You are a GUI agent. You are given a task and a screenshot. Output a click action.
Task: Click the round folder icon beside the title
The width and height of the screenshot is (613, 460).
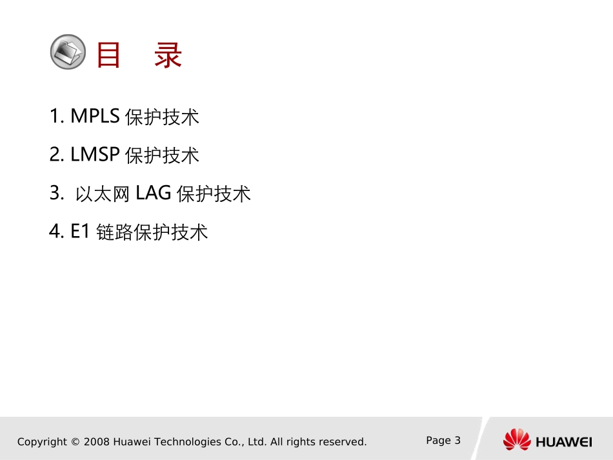[68, 52]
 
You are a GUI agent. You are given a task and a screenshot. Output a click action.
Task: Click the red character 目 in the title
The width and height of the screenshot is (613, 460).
[109, 55]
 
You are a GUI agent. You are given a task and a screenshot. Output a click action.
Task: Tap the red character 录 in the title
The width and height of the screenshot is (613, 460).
[168, 55]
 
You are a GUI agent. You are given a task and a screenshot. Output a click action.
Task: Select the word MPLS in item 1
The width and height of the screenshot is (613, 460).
[95, 116]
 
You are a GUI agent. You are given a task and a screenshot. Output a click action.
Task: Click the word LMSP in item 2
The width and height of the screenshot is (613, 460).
[95, 154]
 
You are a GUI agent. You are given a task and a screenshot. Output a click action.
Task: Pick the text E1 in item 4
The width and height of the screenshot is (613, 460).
[80, 231]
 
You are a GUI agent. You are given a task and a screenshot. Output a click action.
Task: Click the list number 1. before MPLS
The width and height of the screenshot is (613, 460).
[57, 116]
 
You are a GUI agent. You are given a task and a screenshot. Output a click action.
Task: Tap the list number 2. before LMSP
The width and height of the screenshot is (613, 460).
[57, 154]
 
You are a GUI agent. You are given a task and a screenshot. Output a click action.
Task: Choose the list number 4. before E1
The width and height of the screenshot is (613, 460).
[57, 231]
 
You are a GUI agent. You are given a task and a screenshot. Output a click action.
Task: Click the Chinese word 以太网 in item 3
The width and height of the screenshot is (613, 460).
[103, 194]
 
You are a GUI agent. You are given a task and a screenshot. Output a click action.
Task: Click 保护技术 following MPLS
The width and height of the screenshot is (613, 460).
[162, 117]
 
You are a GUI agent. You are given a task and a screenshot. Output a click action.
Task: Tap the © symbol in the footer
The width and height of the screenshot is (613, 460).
[75, 442]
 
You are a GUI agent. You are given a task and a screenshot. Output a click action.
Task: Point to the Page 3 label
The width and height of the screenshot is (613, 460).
[443, 441]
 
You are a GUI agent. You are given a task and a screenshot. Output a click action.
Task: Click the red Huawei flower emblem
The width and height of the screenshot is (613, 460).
[517, 440]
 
